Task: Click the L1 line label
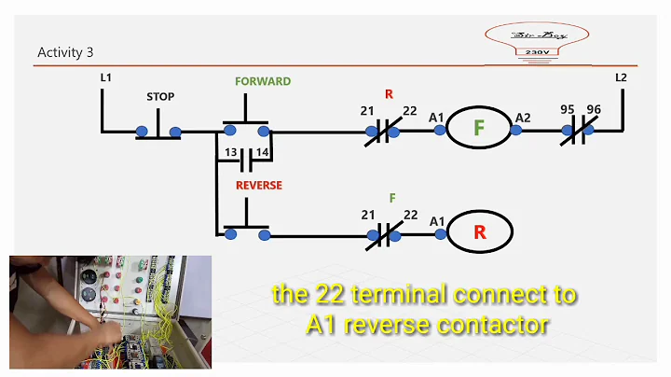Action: (106, 77)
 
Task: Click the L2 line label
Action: (621, 77)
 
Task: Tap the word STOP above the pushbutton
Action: (160, 97)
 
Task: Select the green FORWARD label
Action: (263, 81)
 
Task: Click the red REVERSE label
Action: (258, 185)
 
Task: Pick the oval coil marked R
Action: (479, 231)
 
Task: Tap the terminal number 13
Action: (230, 153)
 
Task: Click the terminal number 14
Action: (262, 153)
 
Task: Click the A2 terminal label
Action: (524, 117)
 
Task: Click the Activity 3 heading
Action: (65, 52)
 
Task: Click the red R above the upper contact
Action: (390, 94)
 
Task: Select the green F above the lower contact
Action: (392, 198)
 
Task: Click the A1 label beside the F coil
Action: (436, 117)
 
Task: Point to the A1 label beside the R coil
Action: (436, 220)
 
